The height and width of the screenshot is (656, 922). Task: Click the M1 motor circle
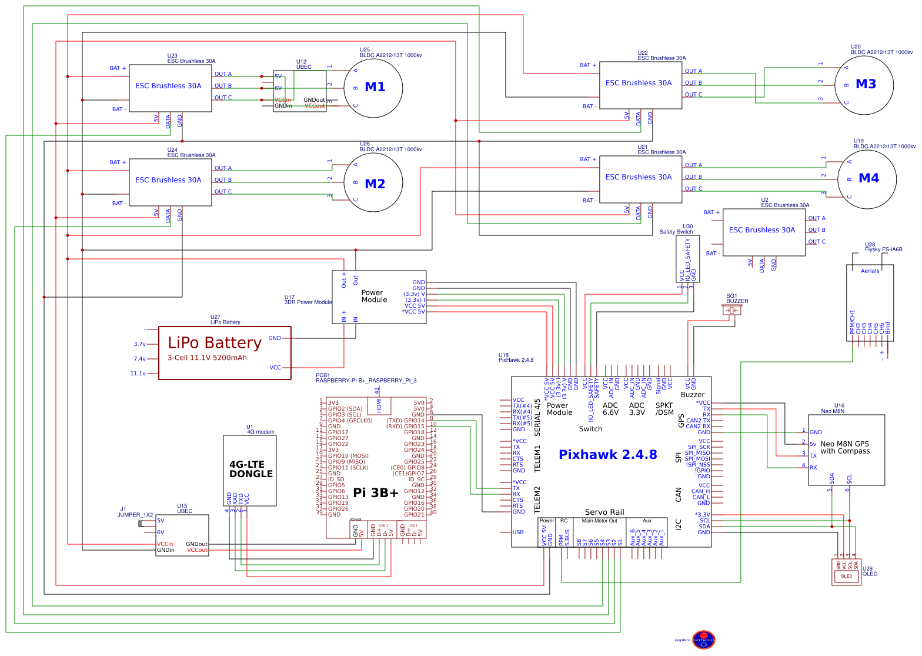tap(373, 88)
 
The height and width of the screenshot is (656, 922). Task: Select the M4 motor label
tap(868, 178)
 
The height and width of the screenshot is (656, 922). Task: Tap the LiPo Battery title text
tap(215, 342)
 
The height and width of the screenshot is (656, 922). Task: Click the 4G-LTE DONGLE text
tap(251, 469)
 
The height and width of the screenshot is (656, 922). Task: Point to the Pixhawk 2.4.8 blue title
tap(607, 454)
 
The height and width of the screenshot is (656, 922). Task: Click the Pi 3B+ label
tap(375, 493)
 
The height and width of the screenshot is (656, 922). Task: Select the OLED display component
tap(846, 572)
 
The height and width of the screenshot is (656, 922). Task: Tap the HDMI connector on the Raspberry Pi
tap(379, 405)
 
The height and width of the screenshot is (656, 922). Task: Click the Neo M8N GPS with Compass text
tap(844, 448)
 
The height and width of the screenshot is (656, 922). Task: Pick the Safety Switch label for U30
tap(676, 232)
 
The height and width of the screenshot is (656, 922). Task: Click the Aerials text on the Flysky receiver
tap(870, 271)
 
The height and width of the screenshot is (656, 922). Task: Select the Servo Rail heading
tap(604, 512)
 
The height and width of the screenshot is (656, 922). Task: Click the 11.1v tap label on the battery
tap(138, 374)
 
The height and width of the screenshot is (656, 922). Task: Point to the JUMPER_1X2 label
tap(135, 515)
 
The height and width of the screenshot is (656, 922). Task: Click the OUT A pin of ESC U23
tap(223, 74)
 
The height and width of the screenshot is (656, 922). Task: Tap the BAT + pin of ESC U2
tap(711, 212)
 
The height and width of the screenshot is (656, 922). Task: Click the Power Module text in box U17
tap(374, 296)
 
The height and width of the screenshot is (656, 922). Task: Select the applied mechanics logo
tap(703, 640)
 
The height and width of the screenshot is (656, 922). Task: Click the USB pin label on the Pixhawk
tap(517, 532)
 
